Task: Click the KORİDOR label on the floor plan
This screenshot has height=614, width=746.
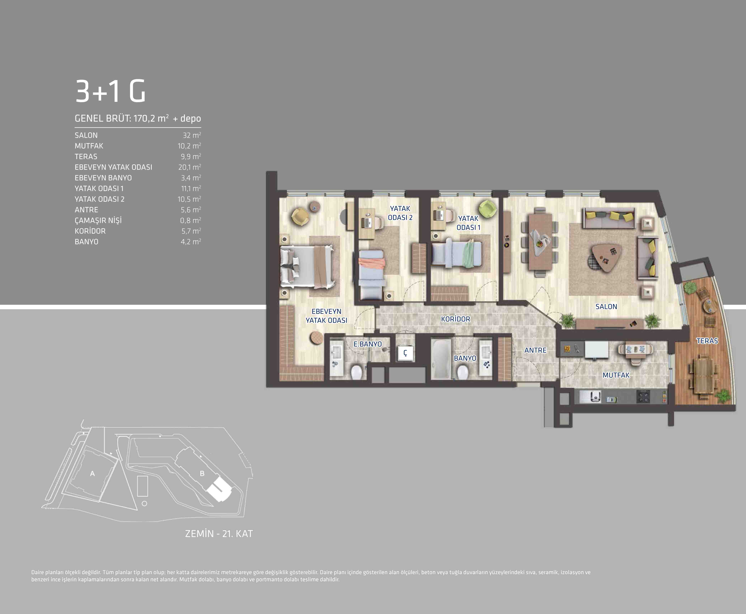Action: pos(456,319)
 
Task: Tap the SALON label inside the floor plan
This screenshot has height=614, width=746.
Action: pos(606,307)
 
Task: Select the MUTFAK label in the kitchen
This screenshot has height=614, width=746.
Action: pos(616,375)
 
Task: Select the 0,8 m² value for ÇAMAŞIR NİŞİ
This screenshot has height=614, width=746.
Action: pos(190,220)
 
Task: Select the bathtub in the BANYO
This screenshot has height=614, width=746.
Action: pos(441,359)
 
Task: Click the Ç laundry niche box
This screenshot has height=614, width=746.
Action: pos(405,353)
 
